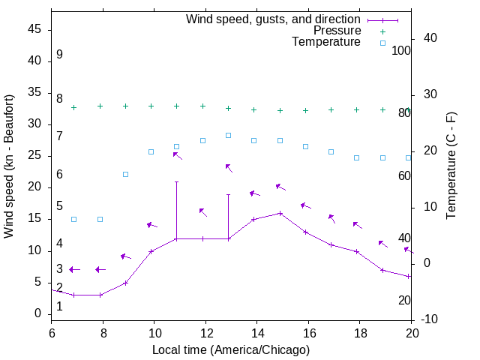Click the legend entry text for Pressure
(x=337, y=31)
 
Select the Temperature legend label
(x=326, y=42)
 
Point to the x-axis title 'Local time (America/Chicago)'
(x=231, y=349)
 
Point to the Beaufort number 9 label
(x=59, y=55)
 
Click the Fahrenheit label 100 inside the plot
(x=402, y=51)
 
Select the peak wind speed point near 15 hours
(x=280, y=213)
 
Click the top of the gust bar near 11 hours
(x=176, y=181)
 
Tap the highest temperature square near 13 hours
(x=228, y=135)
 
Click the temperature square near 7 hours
(x=73, y=219)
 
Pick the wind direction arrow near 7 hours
(x=74, y=269)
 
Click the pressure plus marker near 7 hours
(x=73, y=107)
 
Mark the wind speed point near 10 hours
(x=151, y=251)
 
